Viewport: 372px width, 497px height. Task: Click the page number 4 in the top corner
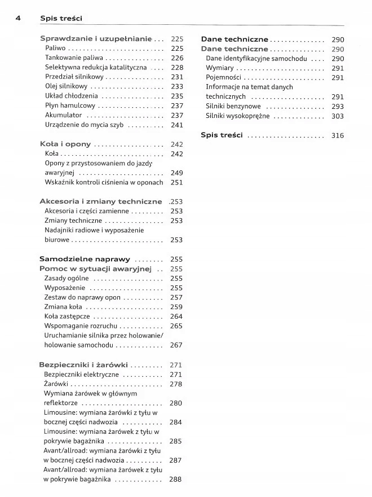[18, 18]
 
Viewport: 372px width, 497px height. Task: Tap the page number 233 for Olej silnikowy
[176, 86]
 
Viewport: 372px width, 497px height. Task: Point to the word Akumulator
[64, 115]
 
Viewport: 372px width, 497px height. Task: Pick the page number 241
[176, 125]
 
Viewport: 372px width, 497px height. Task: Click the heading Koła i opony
[65, 144]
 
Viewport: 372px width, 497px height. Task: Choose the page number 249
[176, 173]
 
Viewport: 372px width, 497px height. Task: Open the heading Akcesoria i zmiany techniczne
[100, 201]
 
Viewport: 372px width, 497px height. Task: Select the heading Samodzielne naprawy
[85, 259]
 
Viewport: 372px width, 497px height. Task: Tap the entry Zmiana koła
[63, 307]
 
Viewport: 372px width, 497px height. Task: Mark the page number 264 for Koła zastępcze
[176, 316]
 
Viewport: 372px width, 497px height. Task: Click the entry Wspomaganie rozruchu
[81, 326]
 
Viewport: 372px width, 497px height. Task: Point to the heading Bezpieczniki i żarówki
[83, 364]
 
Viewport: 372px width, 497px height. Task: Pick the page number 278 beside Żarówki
[176, 384]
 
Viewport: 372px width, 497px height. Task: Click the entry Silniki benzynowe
[233, 106]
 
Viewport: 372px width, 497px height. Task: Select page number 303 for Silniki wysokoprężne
[337, 116]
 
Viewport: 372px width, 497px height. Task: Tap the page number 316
[337, 135]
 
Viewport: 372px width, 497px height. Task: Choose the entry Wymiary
[220, 68]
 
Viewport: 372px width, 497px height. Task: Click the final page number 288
[175, 480]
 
